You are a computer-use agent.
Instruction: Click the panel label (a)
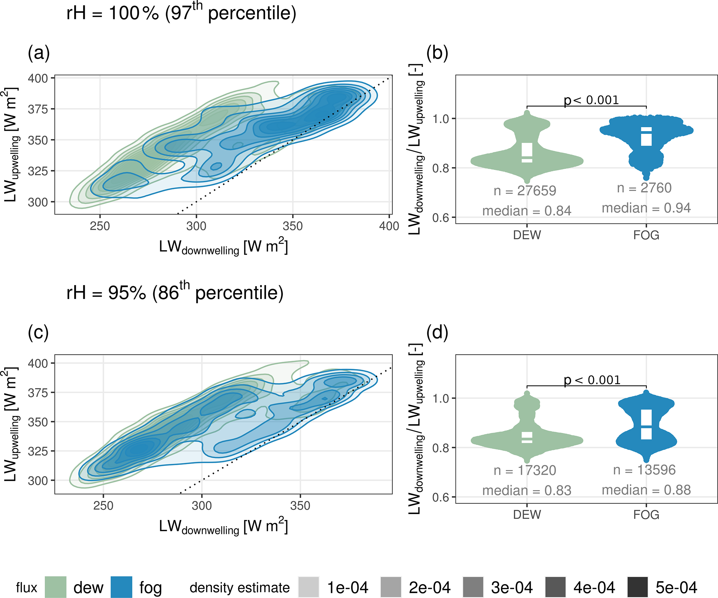coord(39,54)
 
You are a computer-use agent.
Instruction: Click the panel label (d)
coord(437,333)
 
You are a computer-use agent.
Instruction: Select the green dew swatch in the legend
coord(56,587)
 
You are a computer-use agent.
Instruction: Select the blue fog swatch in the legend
coord(121,587)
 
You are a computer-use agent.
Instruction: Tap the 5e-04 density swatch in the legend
coord(638,587)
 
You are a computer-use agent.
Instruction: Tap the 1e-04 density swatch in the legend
coord(308,587)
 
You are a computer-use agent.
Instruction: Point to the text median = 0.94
coord(646,208)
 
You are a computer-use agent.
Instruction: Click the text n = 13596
coord(644,470)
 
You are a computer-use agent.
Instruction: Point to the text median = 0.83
coord(527,490)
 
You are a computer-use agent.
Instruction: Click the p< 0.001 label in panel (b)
coord(591,100)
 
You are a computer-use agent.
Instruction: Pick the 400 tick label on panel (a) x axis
coord(389,226)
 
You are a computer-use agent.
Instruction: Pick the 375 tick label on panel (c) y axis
coord(38,393)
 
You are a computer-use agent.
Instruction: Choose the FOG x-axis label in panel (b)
coord(646,235)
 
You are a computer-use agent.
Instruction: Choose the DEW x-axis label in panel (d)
coord(527,514)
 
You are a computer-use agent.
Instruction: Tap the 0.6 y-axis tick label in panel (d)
coord(441,498)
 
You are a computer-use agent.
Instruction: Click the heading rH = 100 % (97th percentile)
coord(181,13)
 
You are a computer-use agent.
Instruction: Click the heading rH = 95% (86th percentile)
coord(175,293)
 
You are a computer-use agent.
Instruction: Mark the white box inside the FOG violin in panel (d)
coord(646,425)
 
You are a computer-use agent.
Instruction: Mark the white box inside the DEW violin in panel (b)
coord(527,153)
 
